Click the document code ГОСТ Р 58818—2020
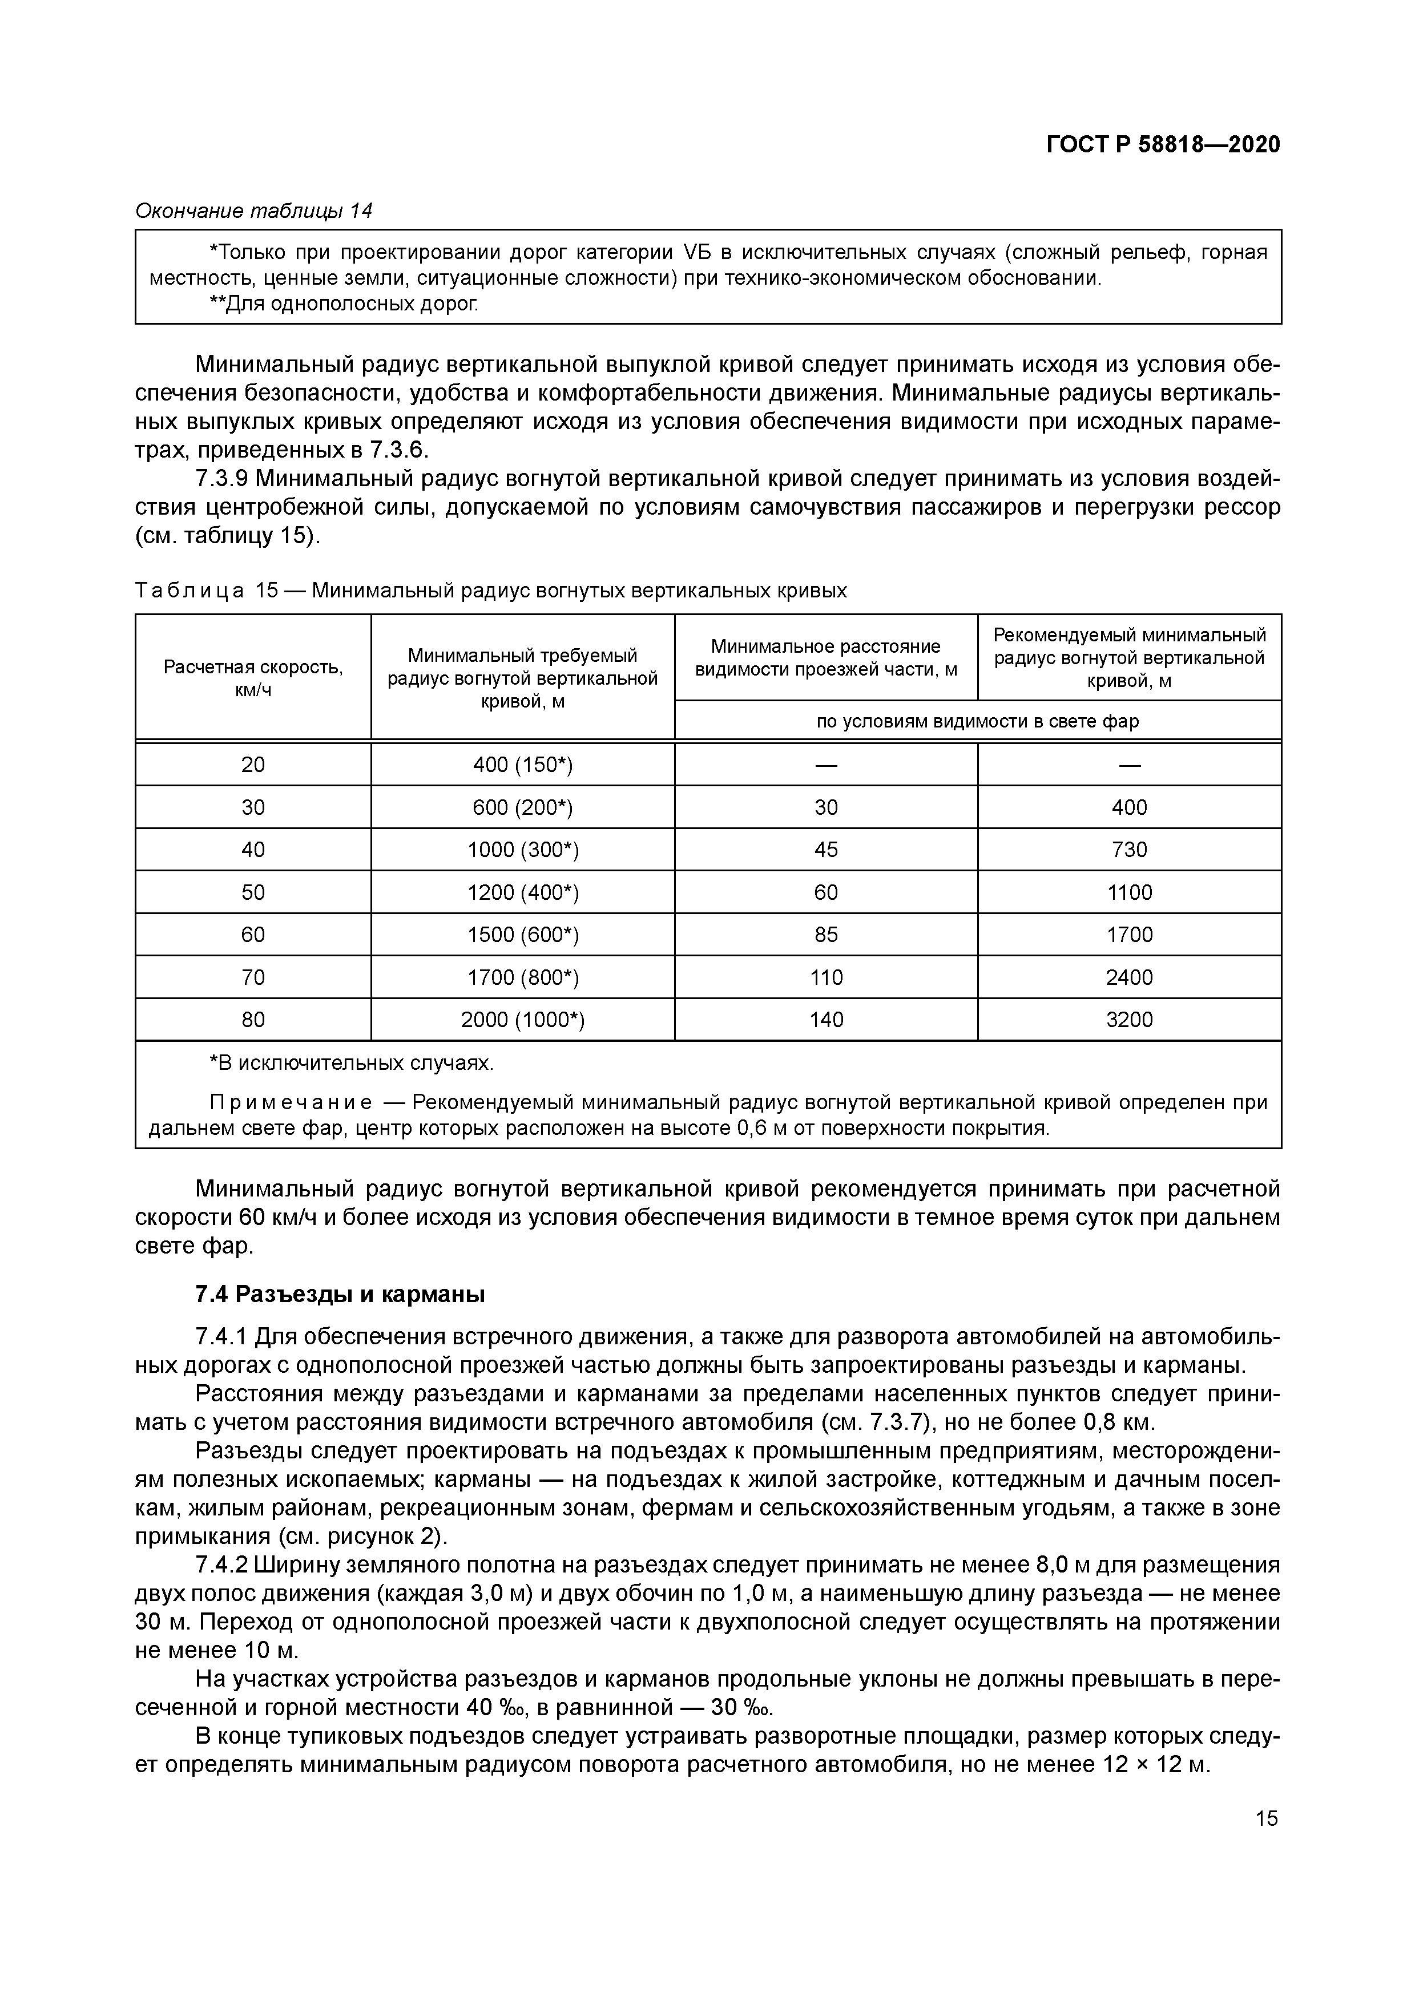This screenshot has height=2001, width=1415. [1163, 145]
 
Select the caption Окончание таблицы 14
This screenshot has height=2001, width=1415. [253, 211]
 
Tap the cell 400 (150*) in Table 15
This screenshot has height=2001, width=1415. [522, 765]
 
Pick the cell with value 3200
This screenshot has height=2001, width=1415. [1129, 1020]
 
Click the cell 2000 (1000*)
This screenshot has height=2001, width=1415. [522, 1020]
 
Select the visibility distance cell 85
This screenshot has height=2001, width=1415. [825, 934]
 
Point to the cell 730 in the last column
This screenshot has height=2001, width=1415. [1129, 850]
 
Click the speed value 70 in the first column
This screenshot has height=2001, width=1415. [253, 977]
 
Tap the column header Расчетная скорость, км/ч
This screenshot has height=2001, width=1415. [253, 678]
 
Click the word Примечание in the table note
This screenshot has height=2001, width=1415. [291, 1102]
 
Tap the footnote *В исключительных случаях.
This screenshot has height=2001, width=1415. [352, 1063]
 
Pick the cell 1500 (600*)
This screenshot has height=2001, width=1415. [522, 934]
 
